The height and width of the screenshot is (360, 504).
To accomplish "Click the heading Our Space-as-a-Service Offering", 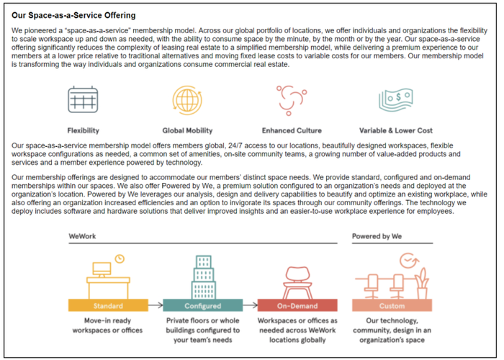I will click(x=74, y=15).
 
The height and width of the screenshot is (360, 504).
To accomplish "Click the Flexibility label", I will click(x=84, y=130).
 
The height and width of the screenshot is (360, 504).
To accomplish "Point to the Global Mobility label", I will click(x=187, y=130).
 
